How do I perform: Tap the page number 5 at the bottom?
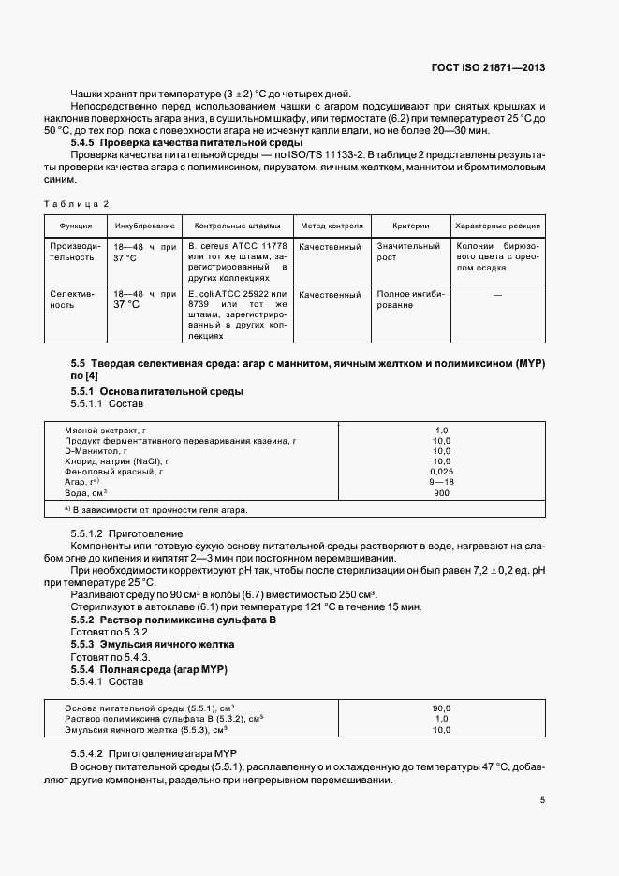542,800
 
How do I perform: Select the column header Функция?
75,226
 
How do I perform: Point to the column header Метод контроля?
331,226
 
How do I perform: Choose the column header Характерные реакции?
496,226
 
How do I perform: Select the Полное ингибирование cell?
408,299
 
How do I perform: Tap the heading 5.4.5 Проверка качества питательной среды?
186,142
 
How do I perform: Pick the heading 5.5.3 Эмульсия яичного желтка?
153,645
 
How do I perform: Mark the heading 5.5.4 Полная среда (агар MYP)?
150,670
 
